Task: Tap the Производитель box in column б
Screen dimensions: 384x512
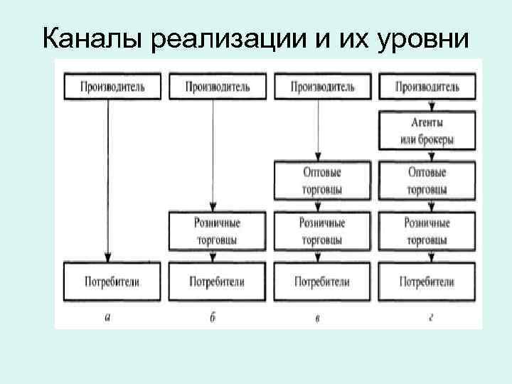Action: tap(216, 87)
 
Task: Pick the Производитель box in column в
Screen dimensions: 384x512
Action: tap(322, 87)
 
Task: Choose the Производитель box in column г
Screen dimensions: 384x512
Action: tap(427, 87)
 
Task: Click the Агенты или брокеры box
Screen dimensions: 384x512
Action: tap(427, 131)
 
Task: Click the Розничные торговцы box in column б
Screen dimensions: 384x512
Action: tap(216, 231)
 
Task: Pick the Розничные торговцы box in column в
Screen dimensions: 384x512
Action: tap(322, 231)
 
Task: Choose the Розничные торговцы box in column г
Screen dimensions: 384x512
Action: tap(427, 231)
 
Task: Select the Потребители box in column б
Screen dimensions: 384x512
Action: tap(216, 282)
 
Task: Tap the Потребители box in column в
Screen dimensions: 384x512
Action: tap(322, 282)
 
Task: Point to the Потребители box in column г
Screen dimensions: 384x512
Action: tap(427, 282)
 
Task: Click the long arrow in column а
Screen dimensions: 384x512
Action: tap(107, 178)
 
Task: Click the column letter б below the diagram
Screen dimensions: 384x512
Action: tap(213, 318)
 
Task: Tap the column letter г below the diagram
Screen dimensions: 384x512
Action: tap(430, 318)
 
